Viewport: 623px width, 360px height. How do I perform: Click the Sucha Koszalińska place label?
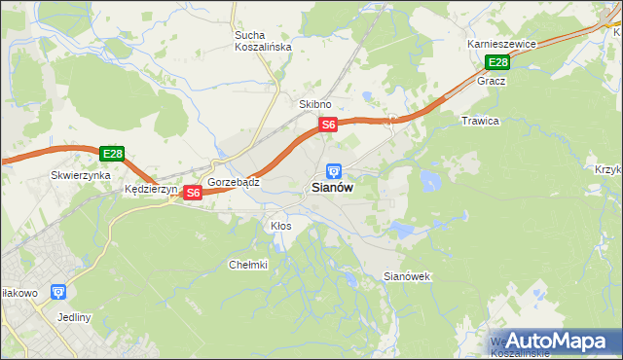point(257,43)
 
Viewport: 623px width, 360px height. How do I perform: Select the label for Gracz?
point(492,81)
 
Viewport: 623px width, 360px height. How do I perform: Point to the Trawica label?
point(480,121)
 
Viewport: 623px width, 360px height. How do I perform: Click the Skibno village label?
point(315,104)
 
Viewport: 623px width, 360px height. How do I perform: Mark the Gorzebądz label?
point(233,182)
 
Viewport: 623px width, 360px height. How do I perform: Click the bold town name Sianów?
point(332,189)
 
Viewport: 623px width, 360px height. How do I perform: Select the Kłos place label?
point(280,226)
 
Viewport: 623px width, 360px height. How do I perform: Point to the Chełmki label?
point(247,265)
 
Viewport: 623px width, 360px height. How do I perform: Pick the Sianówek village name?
point(407,277)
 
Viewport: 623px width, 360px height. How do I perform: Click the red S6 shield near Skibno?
point(329,125)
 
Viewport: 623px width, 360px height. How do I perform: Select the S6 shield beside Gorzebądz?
point(193,193)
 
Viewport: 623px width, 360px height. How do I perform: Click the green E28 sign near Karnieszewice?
point(497,63)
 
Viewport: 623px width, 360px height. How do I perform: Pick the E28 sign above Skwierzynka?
point(112,154)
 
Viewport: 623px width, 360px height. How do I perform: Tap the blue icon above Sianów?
point(334,170)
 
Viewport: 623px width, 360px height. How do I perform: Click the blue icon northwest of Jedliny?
point(58,291)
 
